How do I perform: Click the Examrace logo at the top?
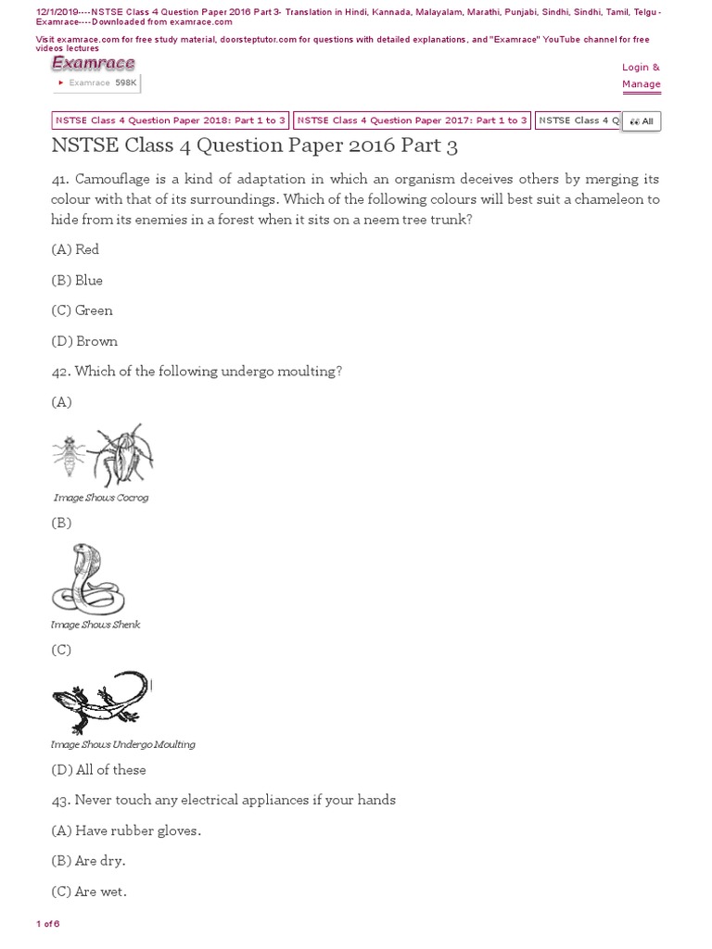coord(93,63)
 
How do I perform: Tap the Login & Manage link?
coord(641,76)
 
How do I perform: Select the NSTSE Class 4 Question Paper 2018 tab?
coord(170,120)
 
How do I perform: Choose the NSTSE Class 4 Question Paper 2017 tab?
coord(412,120)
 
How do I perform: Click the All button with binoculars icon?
coord(642,121)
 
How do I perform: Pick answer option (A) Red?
coord(75,249)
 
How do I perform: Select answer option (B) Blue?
coord(77,280)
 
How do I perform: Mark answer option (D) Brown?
coord(84,341)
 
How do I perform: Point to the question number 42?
coord(61,372)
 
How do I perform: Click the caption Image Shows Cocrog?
coord(101,498)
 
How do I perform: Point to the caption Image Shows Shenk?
coord(96,625)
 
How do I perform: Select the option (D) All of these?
coord(98,770)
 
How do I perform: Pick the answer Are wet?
coord(88,892)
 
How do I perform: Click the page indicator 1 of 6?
coord(47,924)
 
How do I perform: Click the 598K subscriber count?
coord(126,82)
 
